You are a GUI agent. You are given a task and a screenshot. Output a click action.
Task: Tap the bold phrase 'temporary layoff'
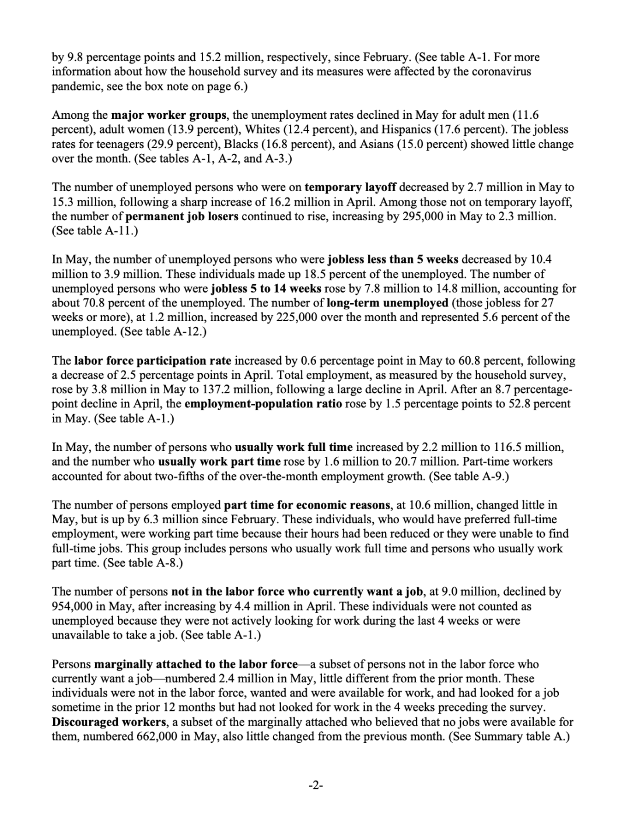coord(351,187)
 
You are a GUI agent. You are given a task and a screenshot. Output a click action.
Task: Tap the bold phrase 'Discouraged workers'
coord(110,722)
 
